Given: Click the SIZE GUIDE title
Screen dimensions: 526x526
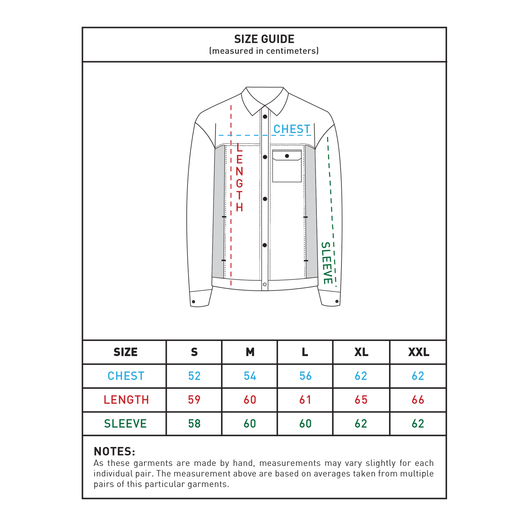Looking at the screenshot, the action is click(264, 39).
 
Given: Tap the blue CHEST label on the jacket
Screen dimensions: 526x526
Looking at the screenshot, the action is click(292, 129).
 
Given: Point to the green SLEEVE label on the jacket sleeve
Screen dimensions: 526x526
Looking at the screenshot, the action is click(327, 262).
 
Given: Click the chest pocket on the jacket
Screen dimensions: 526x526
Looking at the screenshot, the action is click(286, 166).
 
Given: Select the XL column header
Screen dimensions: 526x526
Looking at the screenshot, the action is click(361, 352).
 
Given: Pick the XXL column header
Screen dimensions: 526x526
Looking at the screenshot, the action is click(419, 352).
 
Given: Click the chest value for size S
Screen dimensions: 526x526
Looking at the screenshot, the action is click(194, 376).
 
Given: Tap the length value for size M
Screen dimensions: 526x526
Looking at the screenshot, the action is click(250, 400).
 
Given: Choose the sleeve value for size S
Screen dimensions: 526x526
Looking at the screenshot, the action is click(194, 423).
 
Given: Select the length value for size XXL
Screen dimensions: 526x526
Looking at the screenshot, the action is click(418, 400).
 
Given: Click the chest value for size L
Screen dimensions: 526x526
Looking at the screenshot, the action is click(305, 376).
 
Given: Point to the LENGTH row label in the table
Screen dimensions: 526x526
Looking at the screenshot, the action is click(126, 400).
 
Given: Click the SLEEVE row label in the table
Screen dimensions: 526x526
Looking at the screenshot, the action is click(126, 423).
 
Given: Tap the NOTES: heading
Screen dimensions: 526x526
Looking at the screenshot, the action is click(114, 451).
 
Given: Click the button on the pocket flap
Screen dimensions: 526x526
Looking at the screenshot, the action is click(287, 156).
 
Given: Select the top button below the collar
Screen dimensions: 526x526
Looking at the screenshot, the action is click(265, 116).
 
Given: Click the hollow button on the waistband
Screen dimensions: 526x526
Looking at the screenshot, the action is click(265, 284).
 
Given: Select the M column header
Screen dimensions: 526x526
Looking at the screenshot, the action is click(250, 352).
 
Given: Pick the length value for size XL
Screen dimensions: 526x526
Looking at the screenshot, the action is click(361, 400).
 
